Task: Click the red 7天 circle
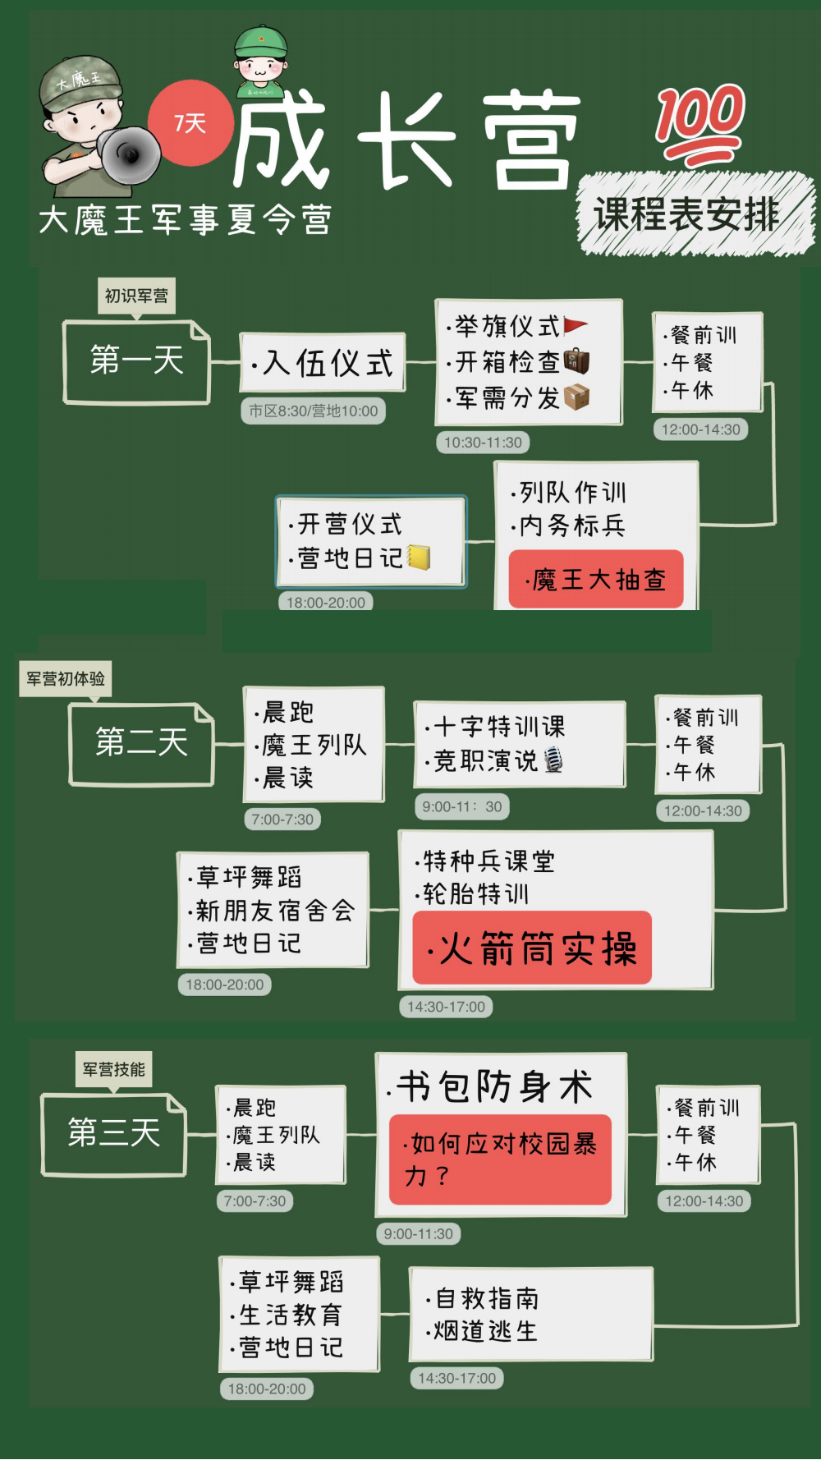[190, 123]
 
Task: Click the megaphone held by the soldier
[129, 154]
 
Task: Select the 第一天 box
[137, 361]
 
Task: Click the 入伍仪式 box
[323, 362]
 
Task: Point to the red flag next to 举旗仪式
[576, 326]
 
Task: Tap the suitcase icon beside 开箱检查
[576, 361]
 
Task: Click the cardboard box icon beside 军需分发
[576, 397]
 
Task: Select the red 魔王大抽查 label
[596, 579]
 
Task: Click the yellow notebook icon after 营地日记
[419, 558]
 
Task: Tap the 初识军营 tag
[136, 296]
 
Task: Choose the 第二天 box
[142, 743]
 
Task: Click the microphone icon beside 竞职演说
[553, 760]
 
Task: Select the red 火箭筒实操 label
[532, 948]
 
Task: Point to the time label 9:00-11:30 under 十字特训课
[462, 807]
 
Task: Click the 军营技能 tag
[114, 1069]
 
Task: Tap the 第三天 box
[114, 1133]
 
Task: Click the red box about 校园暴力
[500, 1159]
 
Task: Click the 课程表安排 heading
[686, 214]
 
